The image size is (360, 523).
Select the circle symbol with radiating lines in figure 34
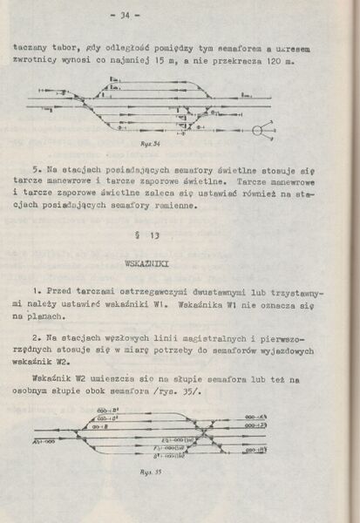tap(259, 131)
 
